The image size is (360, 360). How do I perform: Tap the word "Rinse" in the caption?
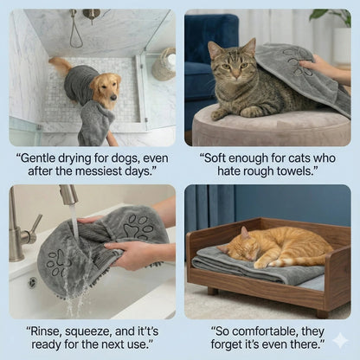point(49,331)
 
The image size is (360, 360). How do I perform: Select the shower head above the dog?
point(90,15)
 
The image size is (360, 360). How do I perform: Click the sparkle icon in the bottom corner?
point(340,340)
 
